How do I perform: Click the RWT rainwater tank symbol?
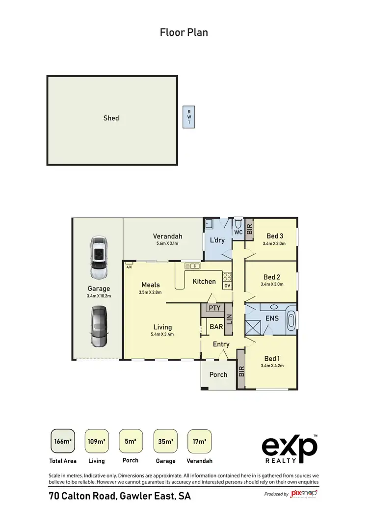(x=189, y=117)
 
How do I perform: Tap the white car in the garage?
(x=98, y=257)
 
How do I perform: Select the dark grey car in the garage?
(x=98, y=327)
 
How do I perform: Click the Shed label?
(x=111, y=118)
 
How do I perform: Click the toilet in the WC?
(x=238, y=223)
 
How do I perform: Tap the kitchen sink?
(x=192, y=266)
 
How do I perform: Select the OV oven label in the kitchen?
(x=227, y=286)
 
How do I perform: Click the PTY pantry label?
(x=214, y=309)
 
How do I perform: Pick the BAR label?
(x=216, y=326)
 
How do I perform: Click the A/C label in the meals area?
(x=129, y=267)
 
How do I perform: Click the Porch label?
(x=218, y=374)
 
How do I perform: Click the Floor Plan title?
(x=184, y=32)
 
